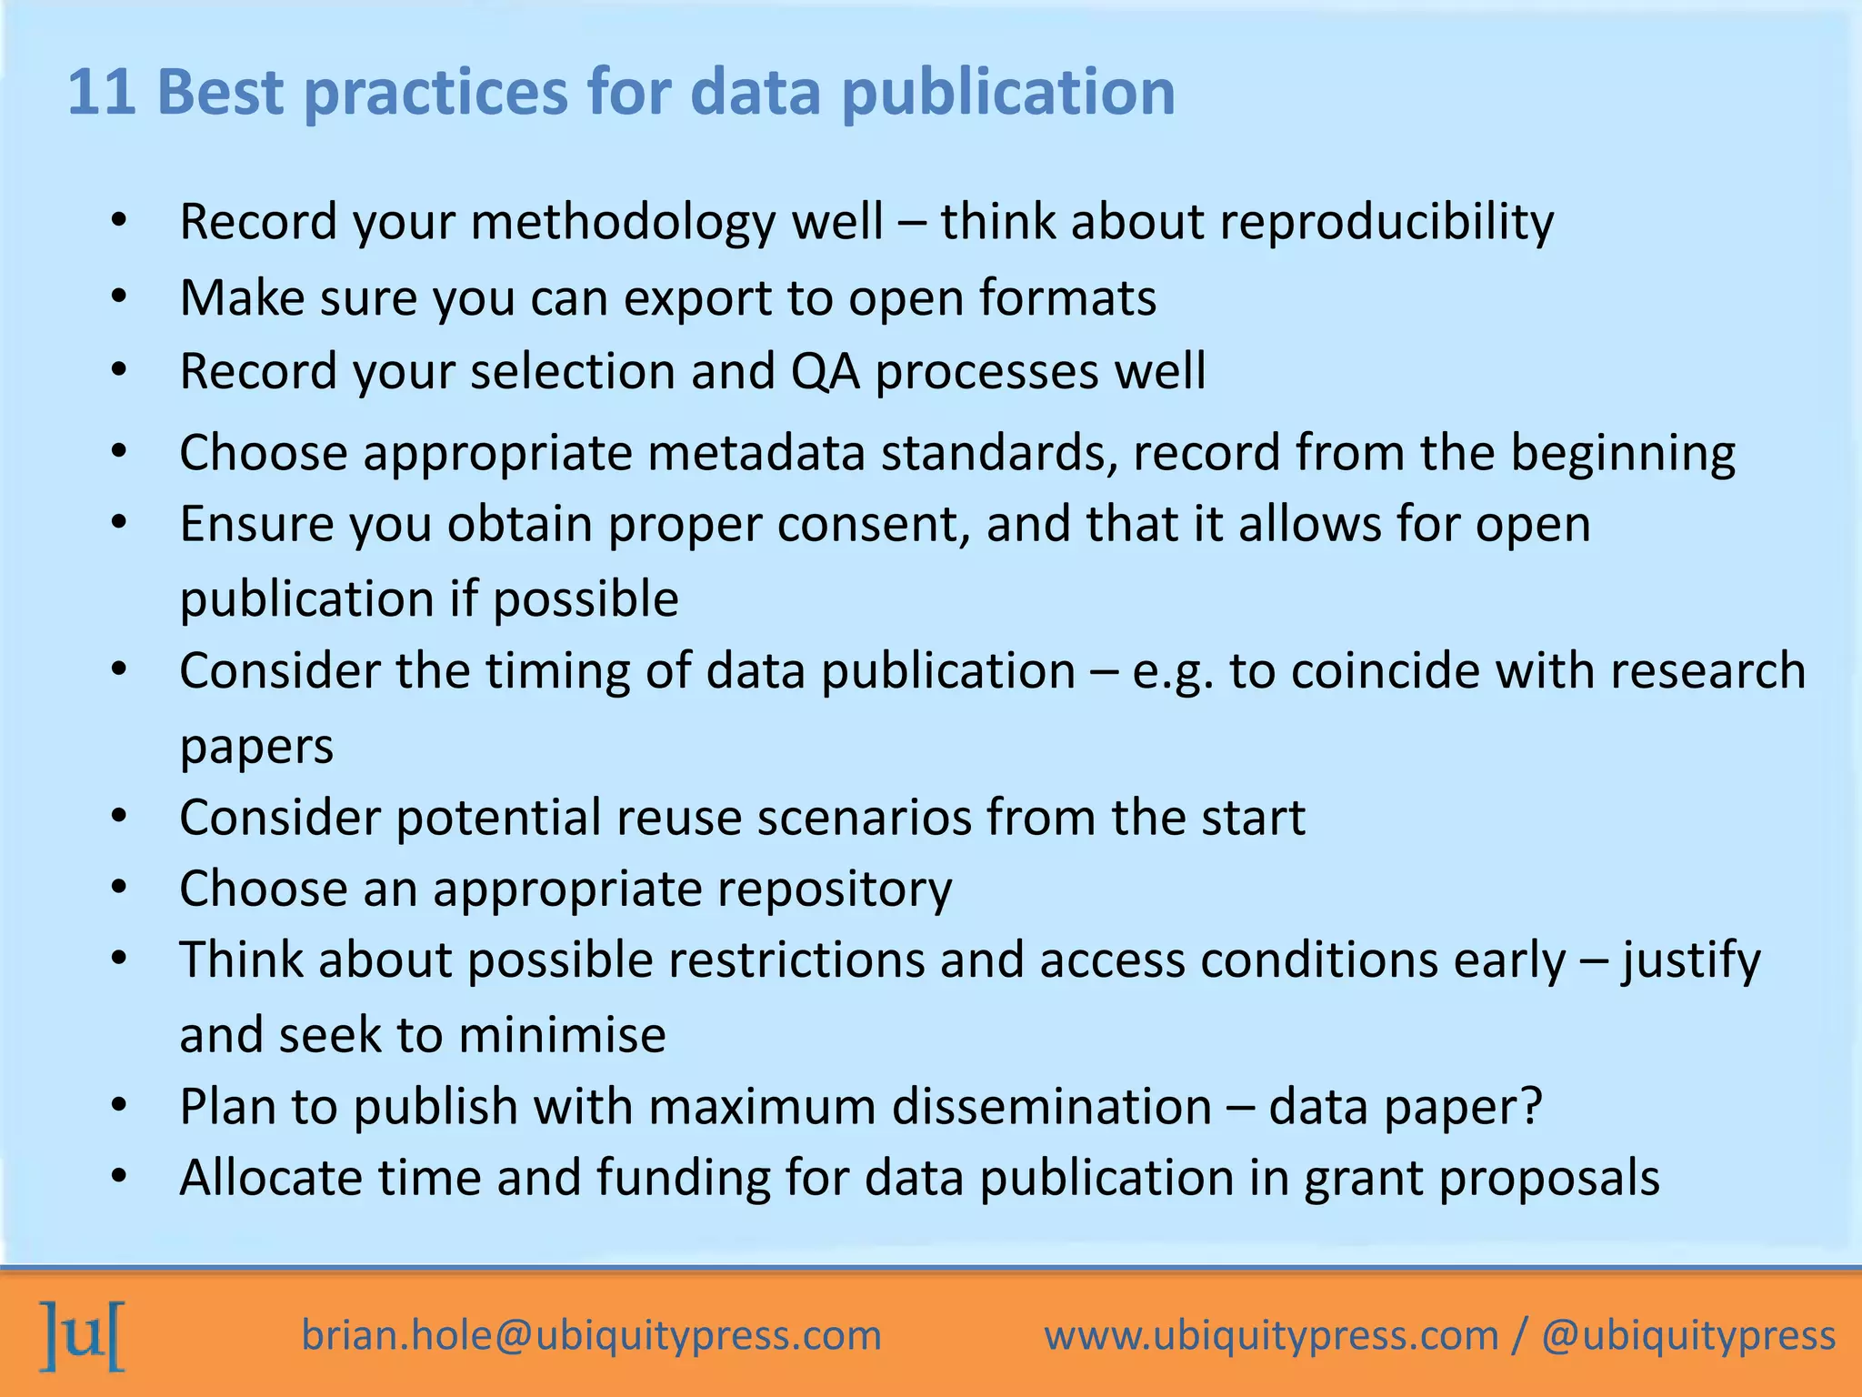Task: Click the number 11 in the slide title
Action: click(102, 93)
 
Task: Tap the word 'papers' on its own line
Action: click(256, 746)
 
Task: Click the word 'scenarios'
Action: click(865, 818)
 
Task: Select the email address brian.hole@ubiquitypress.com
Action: click(592, 1336)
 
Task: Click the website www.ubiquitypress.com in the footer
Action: click(1271, 1336)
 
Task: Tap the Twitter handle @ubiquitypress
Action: click(1688, 1336)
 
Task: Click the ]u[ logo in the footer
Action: click(83, 1335)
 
